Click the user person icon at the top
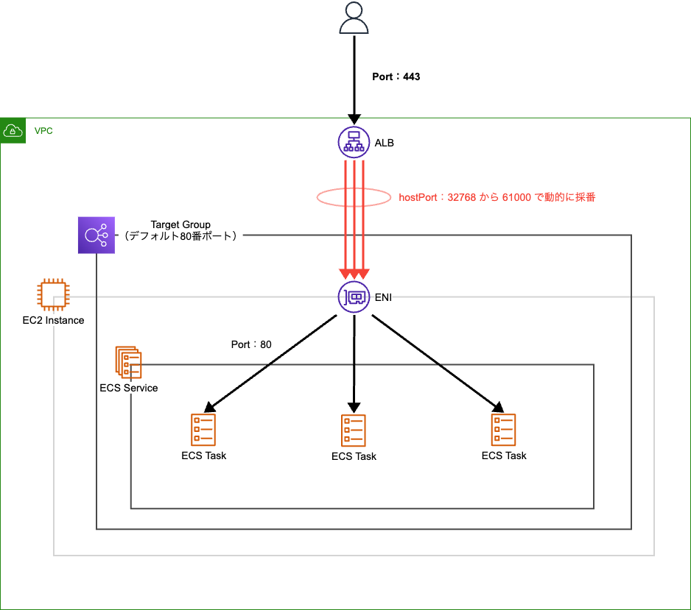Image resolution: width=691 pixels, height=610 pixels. click(x=354, y=18)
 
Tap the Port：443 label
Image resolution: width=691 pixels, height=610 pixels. click(x=396, y=77)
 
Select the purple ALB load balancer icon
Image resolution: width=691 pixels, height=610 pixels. click(x=354, y=142)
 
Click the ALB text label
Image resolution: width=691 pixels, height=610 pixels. click(x=384, y=143)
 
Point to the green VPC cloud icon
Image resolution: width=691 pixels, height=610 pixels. click(x=13, y=130)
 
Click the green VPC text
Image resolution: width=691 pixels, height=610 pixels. click(x=43, y=131)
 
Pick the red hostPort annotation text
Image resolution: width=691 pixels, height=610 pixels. click(x=497, y=197)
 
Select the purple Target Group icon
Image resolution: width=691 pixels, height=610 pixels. click(x=97, y=235)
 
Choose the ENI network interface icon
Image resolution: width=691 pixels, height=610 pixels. click(x=354, y=297)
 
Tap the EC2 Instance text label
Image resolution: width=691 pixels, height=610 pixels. click(x=53, y=320)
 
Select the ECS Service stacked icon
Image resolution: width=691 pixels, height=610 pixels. click(x=127, y=362)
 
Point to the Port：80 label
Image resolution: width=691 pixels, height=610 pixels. click(x=251, y=344)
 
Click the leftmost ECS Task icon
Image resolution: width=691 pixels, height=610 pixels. click(x=203, y=429)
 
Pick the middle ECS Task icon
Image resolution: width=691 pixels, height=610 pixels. click(x=354, y=430)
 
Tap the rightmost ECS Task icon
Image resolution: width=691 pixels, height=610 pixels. click(x=504, y=429)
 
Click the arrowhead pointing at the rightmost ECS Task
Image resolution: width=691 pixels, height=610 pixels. click(x=498, y=407)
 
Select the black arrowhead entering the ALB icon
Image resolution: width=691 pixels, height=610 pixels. click(x=354, y=118)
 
